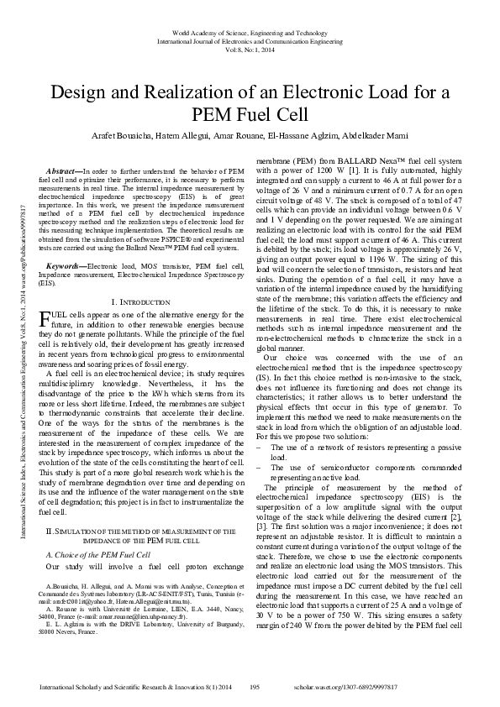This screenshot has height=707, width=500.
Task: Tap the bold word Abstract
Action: [68, 170]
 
